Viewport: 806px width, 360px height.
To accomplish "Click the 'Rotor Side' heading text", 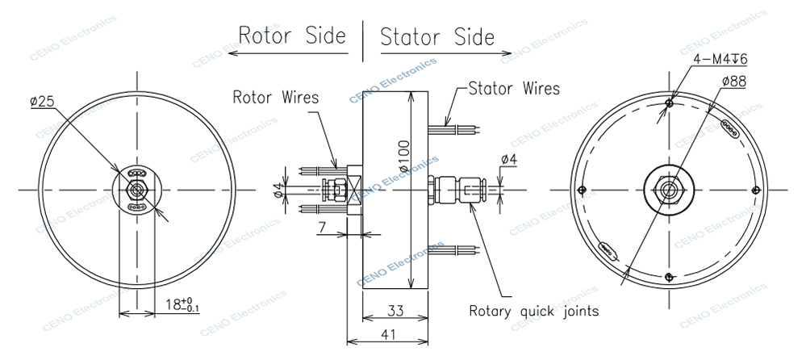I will pyautogui.click(x=291, y=36).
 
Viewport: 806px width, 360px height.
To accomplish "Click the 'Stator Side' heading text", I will pyautogui.click(x=436, y=36).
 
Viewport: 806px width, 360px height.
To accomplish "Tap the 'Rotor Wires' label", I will pyautogui.click(x=276, y=98).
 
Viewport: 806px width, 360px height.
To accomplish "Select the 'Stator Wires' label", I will pyautogui.click(x=514, y=88).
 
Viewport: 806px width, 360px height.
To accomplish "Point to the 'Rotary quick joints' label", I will pyautogui.click(x=534, y=310).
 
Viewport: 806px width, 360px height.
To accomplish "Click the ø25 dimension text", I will pyautogui.click(x=42, y=102).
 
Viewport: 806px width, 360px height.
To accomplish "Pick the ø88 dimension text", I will pyautogui.click(x=733, y=81).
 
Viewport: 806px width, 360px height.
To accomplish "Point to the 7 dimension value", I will pyautogui.click(x=321, y=228).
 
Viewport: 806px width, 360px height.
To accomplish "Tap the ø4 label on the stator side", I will pyautogui.click(x=509, y=161).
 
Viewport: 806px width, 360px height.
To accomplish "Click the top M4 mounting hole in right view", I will pyautogui.click(x=670, y=103).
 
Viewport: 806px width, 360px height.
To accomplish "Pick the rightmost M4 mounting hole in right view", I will pyautogui.click(x=755, y=190).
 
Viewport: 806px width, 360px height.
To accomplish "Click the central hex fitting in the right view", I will pyautogui.click(x=670, y=190).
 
